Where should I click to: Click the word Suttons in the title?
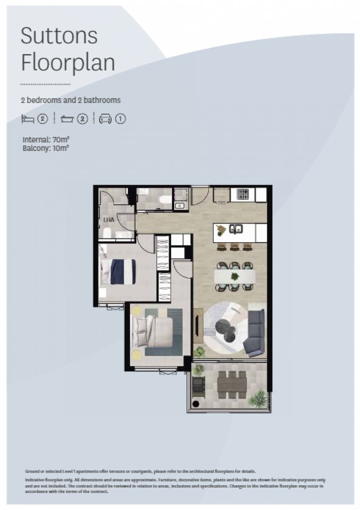[59, 36]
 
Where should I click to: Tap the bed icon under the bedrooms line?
[28, 119]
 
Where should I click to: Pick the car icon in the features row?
[105, 119]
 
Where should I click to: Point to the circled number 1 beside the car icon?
[121, 119]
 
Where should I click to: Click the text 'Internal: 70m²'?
[46, 140]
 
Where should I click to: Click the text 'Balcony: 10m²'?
[45, 148]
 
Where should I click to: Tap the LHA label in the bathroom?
[109, 220]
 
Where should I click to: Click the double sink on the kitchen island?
[236, 229]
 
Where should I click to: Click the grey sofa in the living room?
[256, 332]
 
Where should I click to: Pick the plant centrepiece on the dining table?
[234, 276]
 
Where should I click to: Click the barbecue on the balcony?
[198, 385]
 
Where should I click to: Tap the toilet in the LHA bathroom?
[107, 233]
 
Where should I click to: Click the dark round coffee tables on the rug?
[226, 329]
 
